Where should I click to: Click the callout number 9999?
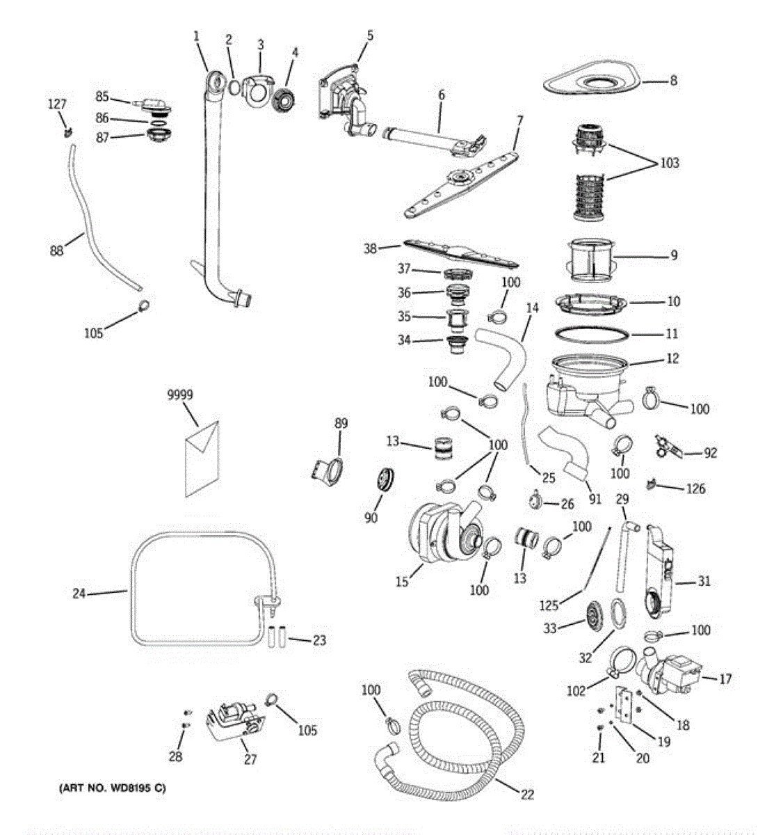point(180,395)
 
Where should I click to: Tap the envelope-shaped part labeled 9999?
point(202,459)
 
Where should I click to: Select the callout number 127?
point(57,104)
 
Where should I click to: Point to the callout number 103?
point(670,163)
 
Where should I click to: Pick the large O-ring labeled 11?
point(592,335)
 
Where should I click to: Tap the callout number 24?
point(79,594)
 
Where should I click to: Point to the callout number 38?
point(371,247)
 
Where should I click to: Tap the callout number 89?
point(341,423)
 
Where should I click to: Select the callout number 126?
point(695,488)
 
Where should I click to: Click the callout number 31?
point(704,581)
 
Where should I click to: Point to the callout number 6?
point(442,95)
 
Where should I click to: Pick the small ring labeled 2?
point(236,88)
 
